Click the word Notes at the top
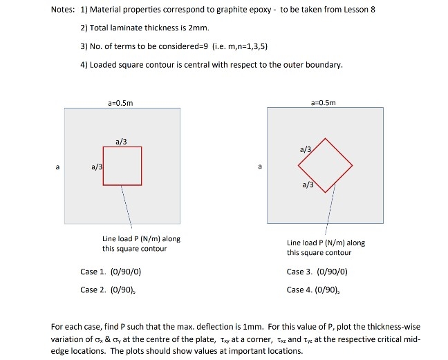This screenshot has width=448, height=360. (x=64, y=10)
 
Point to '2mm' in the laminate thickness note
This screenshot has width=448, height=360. (x=200, y=28)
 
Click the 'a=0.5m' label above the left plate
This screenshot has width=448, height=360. (x=121, y=102)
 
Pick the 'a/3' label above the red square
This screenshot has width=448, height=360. (x=121, y=142)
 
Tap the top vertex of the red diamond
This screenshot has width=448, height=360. (x=326, y=139)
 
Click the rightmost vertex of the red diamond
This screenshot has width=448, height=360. (x=353, y=166)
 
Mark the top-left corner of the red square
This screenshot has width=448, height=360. (x=104, y=147)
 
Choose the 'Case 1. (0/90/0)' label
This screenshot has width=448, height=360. (x=111, y=272)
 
